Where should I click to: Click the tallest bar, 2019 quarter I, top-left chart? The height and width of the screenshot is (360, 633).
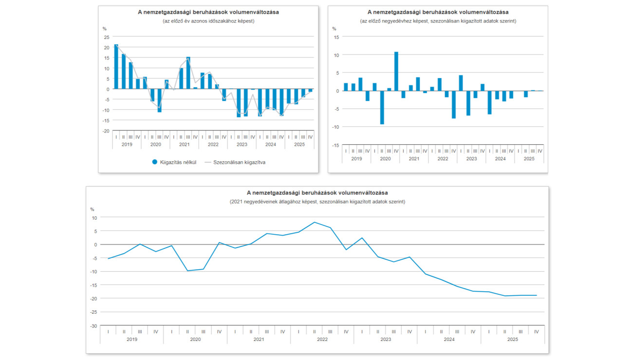pyautogui.click(x=116, y=67)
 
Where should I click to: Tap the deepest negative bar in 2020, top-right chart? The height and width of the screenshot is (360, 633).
pyautogui.click(x=382, y=108)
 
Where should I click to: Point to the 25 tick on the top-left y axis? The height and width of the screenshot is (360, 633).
pyautogui.click(x=107, y=37)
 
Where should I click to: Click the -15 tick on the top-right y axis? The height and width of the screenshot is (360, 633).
pyautogui.click(x=335, y=145)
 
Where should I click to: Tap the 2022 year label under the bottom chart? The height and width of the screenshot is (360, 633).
pyautogui.click(x=322, y=339)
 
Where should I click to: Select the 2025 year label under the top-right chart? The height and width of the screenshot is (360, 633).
pyautogui.click(x=529, y=159)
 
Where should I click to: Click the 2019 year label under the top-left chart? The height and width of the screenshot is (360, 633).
pyautogui.click(x=127, y=145)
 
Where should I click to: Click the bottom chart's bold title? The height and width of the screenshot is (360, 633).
pyautogui.click(x=317, y=193)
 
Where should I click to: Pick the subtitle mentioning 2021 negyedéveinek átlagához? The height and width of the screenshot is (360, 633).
pyautogui.click(x=317, y=202)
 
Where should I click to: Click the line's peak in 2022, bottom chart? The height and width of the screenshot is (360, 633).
pyautogui.click(x=315, y=222)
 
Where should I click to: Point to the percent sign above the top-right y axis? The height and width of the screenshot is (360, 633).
pyautogui.click(x=334, y=29)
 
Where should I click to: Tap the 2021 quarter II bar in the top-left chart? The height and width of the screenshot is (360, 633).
pyautogui.click(x=188, y=73)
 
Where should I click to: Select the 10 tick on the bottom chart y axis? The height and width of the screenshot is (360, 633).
pyautogui.click(x=94, y=218)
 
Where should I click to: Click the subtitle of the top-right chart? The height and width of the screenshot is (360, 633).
pyautogui.click(x=438, y=21)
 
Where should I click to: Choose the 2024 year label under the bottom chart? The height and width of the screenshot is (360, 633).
pyautogui.click(x=448, y=339)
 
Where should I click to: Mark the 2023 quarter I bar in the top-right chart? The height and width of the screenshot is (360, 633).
pyautogui.click(x=461, y=83)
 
